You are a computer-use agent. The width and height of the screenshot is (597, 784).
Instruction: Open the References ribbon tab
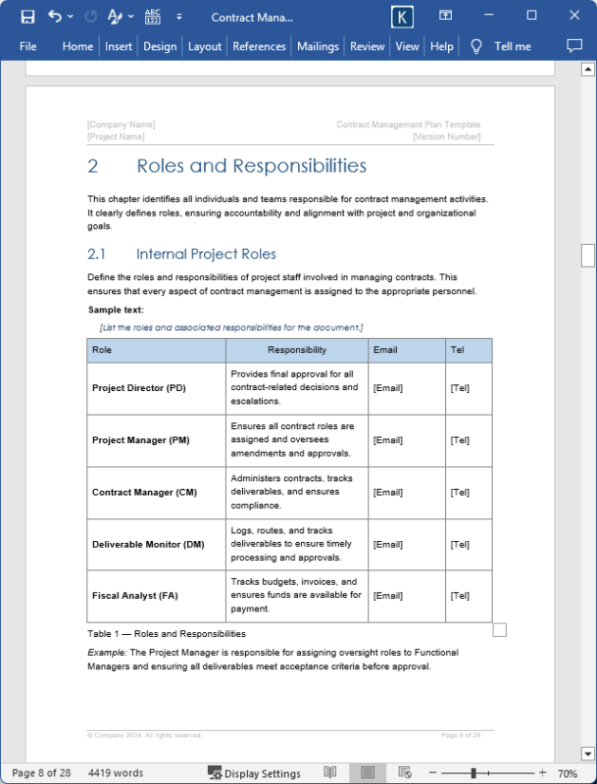click(x=260, y=46)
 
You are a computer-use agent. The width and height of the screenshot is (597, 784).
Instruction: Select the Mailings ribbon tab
click(x=318, y=46)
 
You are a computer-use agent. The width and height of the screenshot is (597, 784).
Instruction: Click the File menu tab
click(x=28, y=46)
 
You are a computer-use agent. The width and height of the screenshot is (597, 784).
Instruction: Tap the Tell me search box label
click(x=512, y=46)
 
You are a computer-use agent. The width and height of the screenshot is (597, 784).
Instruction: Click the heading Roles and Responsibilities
click(x=251, y=166)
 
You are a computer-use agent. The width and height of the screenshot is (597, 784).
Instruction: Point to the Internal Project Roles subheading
click(x=206, y=254)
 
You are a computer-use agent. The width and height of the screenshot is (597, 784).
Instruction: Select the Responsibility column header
click(x=297, y=350)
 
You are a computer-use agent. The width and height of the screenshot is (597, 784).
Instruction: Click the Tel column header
click(x=457, y=350)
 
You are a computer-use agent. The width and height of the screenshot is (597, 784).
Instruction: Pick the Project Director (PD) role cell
click(x=139, y=388)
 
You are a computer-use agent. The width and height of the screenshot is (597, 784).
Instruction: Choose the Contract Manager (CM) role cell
click(x=144, y=492)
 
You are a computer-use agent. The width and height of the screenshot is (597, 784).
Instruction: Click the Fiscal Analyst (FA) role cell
click(x=134, y=596)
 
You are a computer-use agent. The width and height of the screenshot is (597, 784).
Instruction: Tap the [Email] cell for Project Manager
click(x=387, y=440)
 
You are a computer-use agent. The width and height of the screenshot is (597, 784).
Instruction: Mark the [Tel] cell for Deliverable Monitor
click(x=459, y=544)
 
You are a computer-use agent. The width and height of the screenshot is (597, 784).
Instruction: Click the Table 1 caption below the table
click(x=167, y=633)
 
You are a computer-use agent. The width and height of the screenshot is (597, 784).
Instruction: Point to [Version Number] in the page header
click(x=446, y=137)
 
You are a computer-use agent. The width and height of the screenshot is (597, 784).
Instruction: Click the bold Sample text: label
click(x=116, y=310)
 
